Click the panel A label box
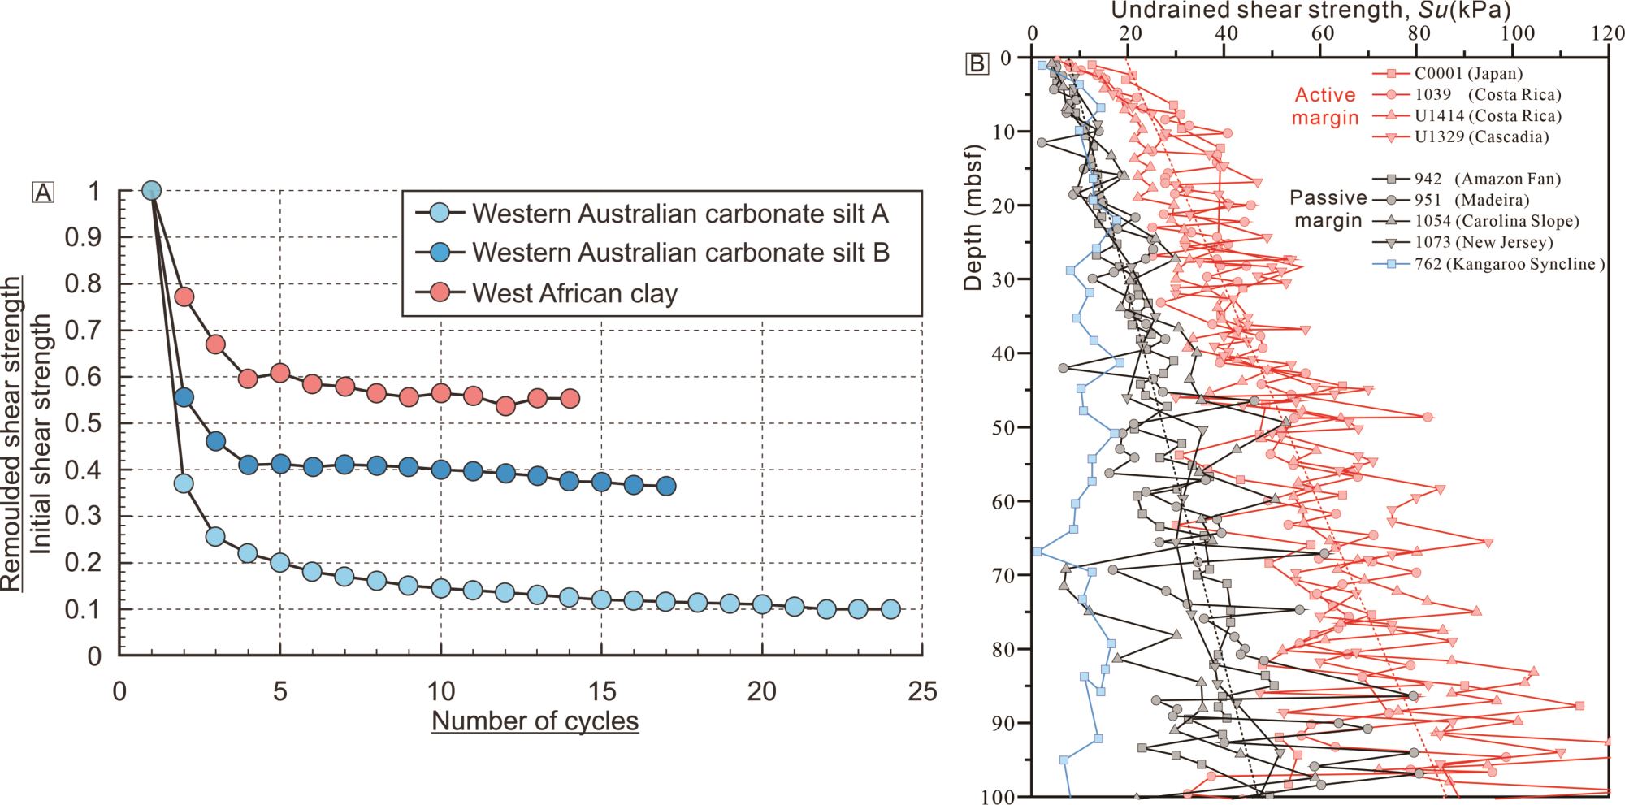[x=43, y=192]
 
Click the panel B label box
[x=977, y=63]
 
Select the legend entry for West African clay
[x=574, y=292]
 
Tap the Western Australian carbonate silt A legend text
[x=680, y=214]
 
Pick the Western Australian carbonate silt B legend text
[x=681, y=253]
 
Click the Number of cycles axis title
[x=535, y=721]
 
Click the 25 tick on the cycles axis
[x=921, y=691]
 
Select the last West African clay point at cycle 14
[x=570, y=398]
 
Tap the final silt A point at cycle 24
[x=890, y=609]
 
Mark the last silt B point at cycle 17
[x=665, y=486]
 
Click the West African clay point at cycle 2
[x=184, y=296]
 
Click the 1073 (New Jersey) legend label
[x=1484, y=242]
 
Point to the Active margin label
[x=1324, y=106]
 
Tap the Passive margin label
[x=1328, y=209]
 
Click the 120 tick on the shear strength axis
[x=1607, y=33]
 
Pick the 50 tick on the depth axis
[x=1000, y=427]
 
